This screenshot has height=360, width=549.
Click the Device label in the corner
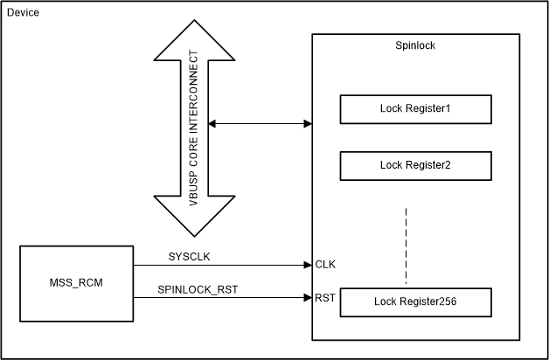click(23, 15)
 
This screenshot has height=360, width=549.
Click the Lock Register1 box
click(415, 110)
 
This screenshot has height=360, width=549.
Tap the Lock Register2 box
click(415, 163)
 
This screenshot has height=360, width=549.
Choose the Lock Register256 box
click(415, 301)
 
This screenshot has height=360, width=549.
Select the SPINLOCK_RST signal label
click(199, 289)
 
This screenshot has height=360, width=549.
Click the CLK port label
click(326, 264)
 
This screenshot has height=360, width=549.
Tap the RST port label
click(325, 298)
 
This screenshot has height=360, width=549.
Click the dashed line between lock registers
click(406, 246)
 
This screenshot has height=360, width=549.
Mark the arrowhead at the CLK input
click(308, 264)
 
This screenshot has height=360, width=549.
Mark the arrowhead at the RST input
click(308, 298)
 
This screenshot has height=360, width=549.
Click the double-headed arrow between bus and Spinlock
click(260, 124)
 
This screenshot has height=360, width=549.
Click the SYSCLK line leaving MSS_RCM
click(219, 264)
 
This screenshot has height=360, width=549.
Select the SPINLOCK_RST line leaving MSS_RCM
click(219, 298)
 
